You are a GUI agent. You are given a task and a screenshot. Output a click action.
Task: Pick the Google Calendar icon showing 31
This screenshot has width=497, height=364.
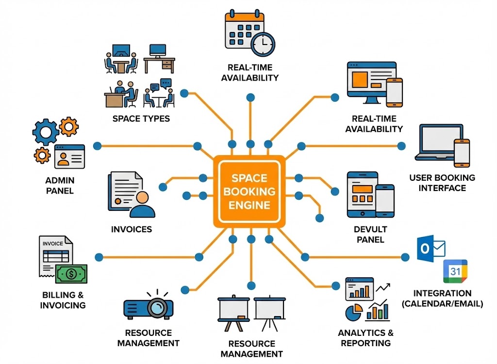(455, 272)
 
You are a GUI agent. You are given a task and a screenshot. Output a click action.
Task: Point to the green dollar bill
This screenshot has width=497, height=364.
(71, 274)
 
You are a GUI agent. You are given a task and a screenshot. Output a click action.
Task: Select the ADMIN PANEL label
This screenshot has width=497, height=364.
(60, 185)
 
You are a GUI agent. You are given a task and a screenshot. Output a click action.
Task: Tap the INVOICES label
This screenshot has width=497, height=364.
(132, 229)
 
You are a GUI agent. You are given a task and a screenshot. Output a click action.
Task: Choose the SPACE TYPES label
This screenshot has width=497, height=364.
(141, 118)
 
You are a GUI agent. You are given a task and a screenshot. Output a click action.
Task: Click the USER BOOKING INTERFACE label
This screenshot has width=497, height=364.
(442, 183)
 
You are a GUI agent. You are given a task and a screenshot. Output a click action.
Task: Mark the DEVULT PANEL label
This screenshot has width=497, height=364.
(370, 234)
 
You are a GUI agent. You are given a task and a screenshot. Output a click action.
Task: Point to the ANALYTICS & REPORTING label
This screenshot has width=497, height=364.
(365, 338)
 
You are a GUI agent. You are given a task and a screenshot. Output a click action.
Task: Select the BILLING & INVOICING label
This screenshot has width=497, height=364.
(63, 300)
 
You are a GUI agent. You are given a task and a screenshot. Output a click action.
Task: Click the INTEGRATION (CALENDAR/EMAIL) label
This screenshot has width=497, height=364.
(442, 299)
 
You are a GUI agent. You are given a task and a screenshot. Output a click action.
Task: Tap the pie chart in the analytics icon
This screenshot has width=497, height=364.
(353, 312)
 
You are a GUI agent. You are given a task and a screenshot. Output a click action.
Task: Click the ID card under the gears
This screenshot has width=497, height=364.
(70, 156)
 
